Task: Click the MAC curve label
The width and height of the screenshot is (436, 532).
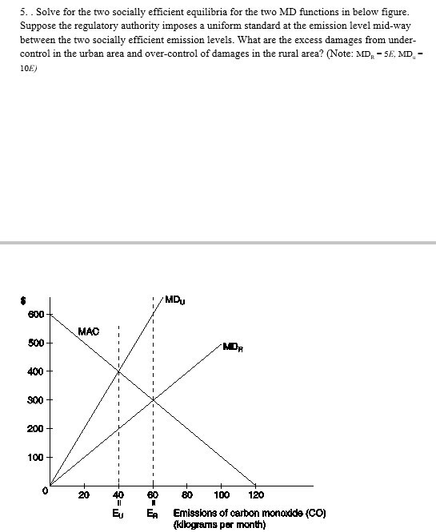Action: [89, 331]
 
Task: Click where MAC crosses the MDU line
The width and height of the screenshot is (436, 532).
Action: [119, 371]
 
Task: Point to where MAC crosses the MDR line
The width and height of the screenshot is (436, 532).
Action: [153, 400]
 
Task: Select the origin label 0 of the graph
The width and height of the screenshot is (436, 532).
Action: [46, 491]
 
